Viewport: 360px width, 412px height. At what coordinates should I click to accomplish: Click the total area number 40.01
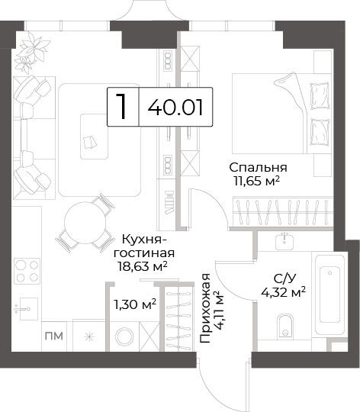175,108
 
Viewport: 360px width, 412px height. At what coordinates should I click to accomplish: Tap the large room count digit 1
122,106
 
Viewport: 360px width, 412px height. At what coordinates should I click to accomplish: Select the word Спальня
258,167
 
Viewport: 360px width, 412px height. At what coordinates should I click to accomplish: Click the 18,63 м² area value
143,266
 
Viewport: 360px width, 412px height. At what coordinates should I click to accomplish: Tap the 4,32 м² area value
283,291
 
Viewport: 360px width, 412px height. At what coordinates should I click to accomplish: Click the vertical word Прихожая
205,308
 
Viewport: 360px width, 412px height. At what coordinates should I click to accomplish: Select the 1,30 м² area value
135,304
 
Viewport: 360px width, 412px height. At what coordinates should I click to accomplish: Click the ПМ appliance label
54,336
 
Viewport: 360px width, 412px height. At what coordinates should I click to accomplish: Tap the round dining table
85,222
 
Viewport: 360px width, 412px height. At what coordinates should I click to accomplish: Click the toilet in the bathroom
285,325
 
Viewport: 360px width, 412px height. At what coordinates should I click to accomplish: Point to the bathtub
329,293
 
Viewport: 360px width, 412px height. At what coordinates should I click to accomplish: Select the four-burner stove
27,271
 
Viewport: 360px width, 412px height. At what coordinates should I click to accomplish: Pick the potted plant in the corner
31,53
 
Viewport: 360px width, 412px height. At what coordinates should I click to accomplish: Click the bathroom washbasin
284,241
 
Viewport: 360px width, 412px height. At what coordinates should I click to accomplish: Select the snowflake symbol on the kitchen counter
89,336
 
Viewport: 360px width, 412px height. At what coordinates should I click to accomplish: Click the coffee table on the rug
94,137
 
